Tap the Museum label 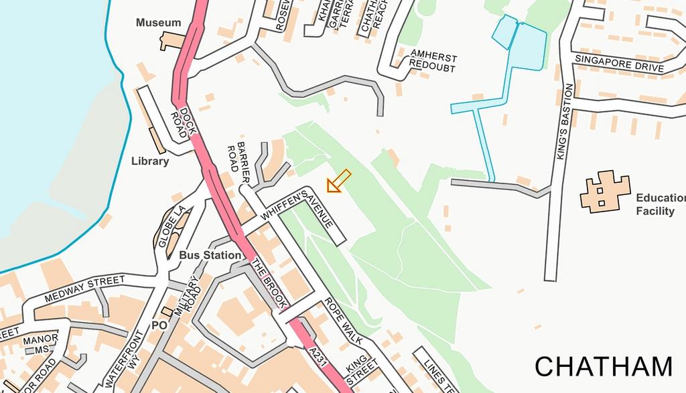point(158,23)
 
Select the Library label point(150,161)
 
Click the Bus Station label point(210,255)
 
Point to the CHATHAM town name point(603,367)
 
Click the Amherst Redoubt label point(433,62)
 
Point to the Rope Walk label point(344,321)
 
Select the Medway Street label point(84,289)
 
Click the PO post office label point(159,325)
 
